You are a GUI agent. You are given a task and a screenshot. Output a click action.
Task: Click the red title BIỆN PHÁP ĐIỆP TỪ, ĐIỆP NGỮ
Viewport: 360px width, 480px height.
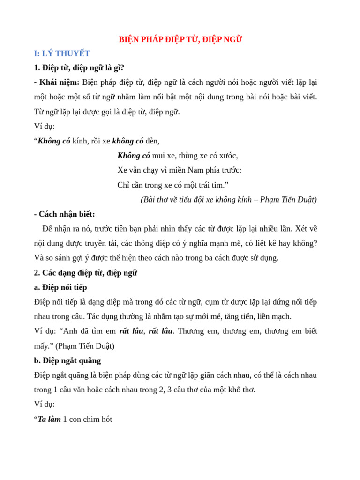tap(180, 39)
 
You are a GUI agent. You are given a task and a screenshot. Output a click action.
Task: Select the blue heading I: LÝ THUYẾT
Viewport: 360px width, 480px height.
tap(62, 53)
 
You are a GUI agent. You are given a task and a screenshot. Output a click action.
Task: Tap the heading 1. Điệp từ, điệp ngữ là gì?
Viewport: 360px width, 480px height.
tap(79, 67)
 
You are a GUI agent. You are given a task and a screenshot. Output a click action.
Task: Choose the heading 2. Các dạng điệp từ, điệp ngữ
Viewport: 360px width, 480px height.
tap(85, 273)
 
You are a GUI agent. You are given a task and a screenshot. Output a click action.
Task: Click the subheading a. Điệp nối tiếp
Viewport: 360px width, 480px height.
tap(60, 287)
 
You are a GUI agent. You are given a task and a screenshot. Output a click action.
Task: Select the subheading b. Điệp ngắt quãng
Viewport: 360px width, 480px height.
tap(67, 360)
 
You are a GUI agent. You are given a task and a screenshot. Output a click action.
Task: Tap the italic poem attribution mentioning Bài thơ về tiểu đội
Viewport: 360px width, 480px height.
tap(228, 200)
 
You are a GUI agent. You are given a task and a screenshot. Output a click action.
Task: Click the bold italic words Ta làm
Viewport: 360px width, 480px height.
tap(49, 419)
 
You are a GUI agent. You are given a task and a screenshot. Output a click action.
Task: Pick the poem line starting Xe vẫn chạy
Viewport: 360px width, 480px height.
tap(179, 170)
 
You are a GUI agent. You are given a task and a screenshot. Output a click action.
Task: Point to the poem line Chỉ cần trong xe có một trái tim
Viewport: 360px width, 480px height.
tap(173, 185)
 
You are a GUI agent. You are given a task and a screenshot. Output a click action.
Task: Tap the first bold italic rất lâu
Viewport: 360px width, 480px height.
tap(131, 331)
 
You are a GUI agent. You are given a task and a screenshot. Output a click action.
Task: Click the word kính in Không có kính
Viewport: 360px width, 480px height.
tap(80, 141)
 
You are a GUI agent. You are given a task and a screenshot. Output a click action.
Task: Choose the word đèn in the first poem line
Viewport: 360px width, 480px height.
tap(152, 141)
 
